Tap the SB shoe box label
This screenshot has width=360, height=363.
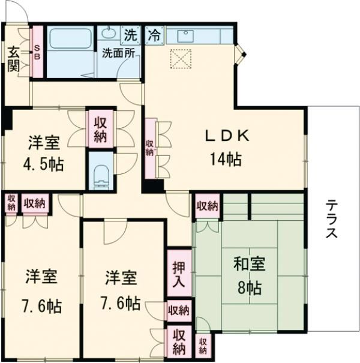37,52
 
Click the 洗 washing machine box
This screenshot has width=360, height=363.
130,34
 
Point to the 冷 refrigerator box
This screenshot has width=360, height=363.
154,35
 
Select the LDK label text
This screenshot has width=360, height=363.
227,136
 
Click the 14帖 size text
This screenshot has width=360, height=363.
226,159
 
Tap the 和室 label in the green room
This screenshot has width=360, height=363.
249,265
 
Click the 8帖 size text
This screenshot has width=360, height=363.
249,287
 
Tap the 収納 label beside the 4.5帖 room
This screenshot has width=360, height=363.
100,127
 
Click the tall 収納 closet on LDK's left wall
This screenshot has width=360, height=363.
149,148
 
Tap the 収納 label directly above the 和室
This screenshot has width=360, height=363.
207,206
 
